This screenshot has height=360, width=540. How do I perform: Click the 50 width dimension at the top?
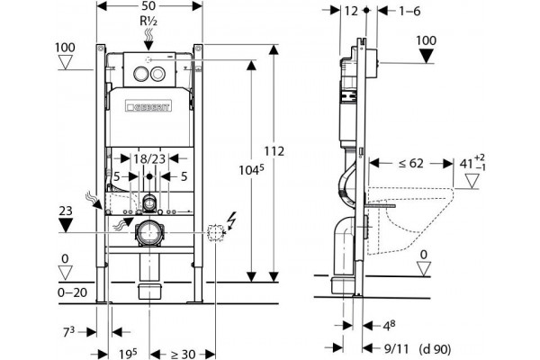(148, 6)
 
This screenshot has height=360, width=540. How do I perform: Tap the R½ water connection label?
(148, 21)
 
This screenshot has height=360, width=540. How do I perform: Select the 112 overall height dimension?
(274, 151)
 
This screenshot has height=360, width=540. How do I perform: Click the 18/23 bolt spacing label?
(149, 158)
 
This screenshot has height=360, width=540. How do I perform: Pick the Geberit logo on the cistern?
(148, 106)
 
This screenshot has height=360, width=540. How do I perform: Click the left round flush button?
(139, 74)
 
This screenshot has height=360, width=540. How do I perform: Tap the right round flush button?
(158, 74)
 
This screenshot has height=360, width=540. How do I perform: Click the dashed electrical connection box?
(216, 233)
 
